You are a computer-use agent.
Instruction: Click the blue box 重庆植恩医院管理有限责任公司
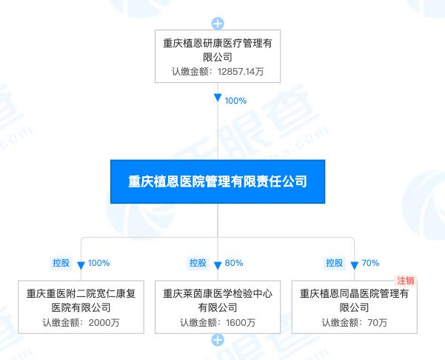pos(218,181)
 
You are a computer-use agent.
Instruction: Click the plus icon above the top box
pos(218,23)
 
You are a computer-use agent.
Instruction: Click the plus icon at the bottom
pos(218,340)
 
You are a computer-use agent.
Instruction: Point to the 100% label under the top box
pos(235,100)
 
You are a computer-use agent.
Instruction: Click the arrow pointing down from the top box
pos(218,99)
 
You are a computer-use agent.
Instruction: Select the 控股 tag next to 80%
pos(197,262)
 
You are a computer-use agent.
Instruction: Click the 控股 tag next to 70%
pos(335,262)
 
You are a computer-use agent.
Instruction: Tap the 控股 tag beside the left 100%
pos(61,262)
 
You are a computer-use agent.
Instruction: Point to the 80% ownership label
pos(234,263)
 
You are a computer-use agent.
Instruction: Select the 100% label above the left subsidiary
pos(98,263)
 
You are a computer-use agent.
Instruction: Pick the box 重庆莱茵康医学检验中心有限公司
pos(218,306)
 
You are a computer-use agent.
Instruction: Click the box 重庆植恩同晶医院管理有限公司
pos(354,306)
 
